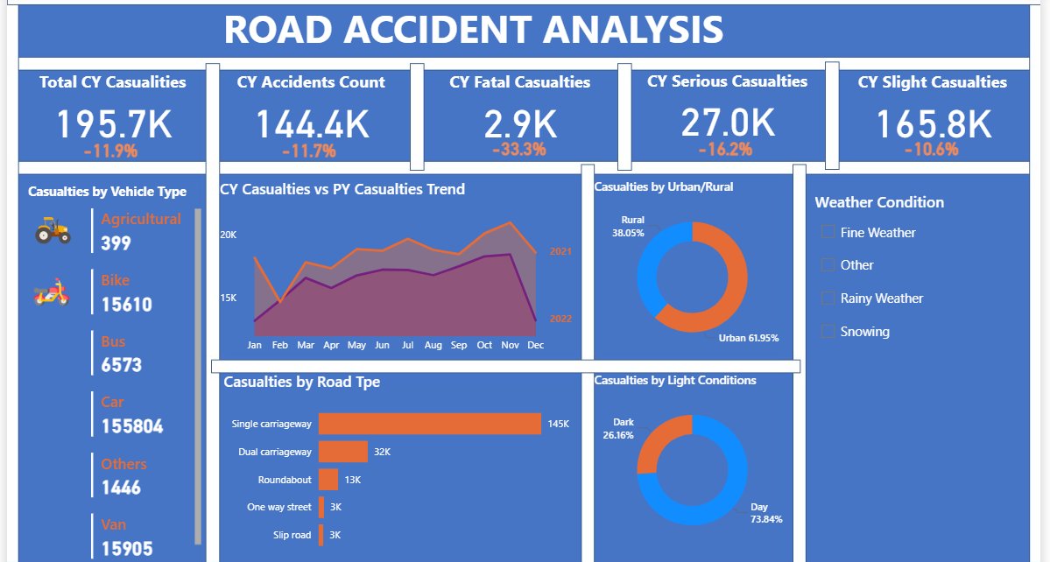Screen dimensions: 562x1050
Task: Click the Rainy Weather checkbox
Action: coord(828,299)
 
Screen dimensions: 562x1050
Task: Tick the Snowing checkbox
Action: coord(828,332)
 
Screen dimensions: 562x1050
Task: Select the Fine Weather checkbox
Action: coord(828,233)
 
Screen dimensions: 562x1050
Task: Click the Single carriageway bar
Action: coord(429,424)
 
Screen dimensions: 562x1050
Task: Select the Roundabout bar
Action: coord(328,480)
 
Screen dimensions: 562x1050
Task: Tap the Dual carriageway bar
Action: coord(342,452)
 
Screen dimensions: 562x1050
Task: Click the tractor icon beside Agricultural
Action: coord(53,230)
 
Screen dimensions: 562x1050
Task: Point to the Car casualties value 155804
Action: coord(132,426)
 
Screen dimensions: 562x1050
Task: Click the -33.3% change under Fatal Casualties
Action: coord(519,149)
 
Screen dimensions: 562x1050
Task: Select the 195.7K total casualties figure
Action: coord(115,124)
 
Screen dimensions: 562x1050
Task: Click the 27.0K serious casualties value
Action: coord(728,123)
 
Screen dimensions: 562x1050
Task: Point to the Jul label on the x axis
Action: coord(407,346)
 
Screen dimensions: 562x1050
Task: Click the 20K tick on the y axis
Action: coord(228,235)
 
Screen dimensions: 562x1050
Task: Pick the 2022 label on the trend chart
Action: coord(560,319)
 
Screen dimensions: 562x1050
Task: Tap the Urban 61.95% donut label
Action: coord(749,338)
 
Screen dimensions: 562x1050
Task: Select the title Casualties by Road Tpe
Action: coord(301,382)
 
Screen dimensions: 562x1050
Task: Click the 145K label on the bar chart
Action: coord(559,424)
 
